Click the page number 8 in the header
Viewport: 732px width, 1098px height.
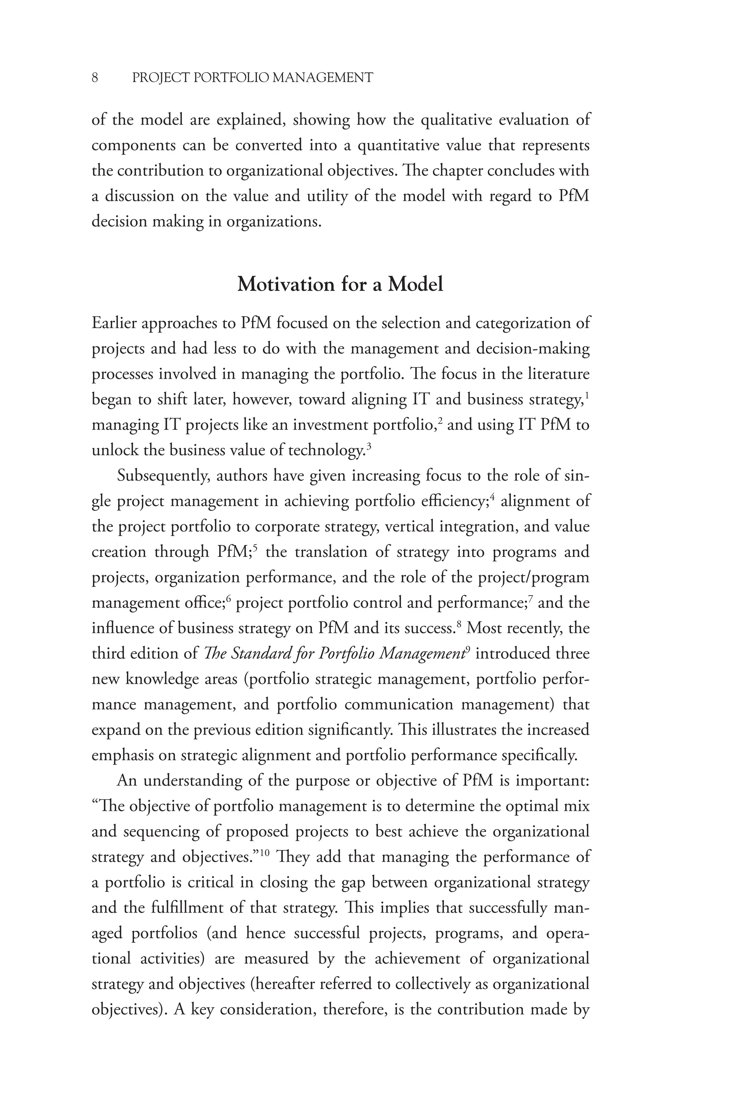click(95, 78)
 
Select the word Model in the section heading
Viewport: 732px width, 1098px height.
click(415, 284)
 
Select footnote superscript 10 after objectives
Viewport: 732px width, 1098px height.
click(265, 852)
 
